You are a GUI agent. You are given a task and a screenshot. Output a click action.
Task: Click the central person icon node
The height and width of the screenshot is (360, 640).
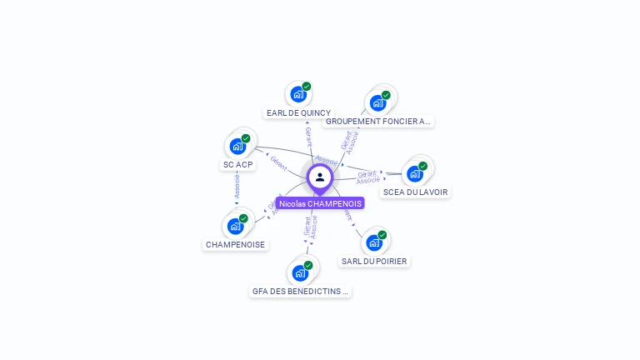pos(320,177)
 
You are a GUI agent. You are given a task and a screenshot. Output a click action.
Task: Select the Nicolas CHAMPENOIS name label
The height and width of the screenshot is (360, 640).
pos(320,203)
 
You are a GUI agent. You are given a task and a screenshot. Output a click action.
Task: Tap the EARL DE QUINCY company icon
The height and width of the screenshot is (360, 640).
pos(297,94)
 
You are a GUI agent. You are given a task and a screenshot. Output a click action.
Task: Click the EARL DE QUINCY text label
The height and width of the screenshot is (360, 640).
pos(298,112)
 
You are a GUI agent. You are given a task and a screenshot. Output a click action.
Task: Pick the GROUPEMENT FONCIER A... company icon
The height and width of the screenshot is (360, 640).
pos(377,103)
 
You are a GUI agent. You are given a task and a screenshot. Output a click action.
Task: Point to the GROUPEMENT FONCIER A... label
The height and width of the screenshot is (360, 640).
pos(378,122)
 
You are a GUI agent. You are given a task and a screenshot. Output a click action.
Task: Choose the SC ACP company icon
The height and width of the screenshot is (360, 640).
pos(237,147)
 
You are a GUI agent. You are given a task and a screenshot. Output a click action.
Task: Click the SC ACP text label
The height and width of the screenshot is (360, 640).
pos(238,165)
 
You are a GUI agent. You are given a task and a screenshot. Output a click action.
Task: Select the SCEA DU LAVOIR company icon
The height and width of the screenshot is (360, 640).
pos(414,174)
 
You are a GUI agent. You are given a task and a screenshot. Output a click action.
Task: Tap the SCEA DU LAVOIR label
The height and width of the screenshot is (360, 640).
pos(415,192)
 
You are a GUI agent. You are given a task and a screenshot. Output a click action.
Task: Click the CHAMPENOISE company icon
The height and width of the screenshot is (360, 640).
pos(235,227)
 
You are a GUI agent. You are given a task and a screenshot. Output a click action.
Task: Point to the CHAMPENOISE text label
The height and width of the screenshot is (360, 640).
pos(236,245)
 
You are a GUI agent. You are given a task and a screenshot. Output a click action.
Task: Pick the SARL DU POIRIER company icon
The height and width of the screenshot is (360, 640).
pos(374,242)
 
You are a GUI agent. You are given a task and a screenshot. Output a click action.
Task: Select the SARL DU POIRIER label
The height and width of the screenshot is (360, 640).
pos(375,262)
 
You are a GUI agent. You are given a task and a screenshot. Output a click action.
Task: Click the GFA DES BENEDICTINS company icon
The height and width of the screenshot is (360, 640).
pos(300,273)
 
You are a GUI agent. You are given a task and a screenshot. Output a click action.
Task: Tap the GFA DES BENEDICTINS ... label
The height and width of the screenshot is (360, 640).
pos(301,292)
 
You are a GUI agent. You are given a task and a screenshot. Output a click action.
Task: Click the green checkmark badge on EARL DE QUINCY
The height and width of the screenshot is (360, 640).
pos(307,86)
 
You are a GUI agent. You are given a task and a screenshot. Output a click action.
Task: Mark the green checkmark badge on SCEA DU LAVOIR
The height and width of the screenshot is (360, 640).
pos(423,166)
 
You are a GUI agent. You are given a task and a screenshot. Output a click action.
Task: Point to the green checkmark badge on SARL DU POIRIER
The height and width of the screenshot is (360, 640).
pos(382,234)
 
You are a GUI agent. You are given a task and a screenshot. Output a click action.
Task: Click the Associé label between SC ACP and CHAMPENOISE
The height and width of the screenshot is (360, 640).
pos(237,187)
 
